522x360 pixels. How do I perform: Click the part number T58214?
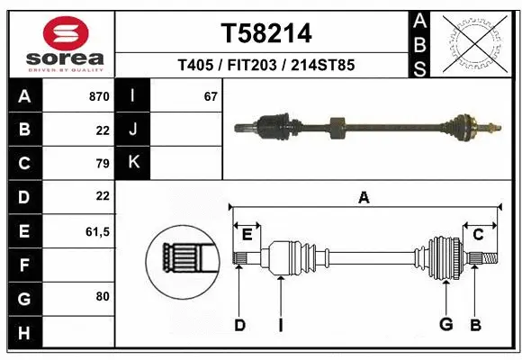click(266, 33)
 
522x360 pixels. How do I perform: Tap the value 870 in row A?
click(98, 96)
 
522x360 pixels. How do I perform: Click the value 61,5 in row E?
click(96, 231)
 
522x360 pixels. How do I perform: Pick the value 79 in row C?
click(101, 164)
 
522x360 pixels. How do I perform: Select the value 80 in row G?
click(101, 296)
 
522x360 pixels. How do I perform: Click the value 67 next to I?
click(211, 96)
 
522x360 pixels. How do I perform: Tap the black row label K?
click(133, 163)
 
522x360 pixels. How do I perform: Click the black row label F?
click(23, 265)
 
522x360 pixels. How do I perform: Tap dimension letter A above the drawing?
click(364, 198)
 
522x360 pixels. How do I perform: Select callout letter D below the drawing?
click(239, 324)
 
